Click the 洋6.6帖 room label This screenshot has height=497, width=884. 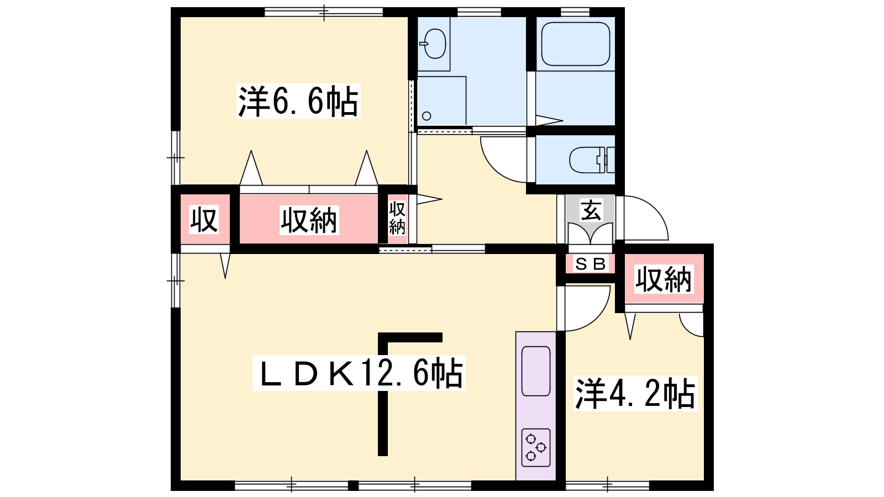click(298, 101)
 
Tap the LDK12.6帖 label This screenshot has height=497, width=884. click(359, 373)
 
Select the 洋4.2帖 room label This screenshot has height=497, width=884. click(635, 393)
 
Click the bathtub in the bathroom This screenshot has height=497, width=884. click(576, 44)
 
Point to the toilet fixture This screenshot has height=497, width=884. click(592, 160)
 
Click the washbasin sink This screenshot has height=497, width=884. click(434, 44)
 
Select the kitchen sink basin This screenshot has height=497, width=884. click(536, 371)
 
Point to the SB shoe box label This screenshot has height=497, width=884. click(591, 263)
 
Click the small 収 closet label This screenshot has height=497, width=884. click(204, 219)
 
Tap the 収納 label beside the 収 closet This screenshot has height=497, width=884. click(309, 220)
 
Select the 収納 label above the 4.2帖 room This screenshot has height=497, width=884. click(664, 279)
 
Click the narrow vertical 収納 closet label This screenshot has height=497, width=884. click(397, 218)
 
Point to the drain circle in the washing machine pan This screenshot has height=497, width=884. click(426, 116)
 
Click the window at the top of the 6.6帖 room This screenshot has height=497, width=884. click(324, 12)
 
